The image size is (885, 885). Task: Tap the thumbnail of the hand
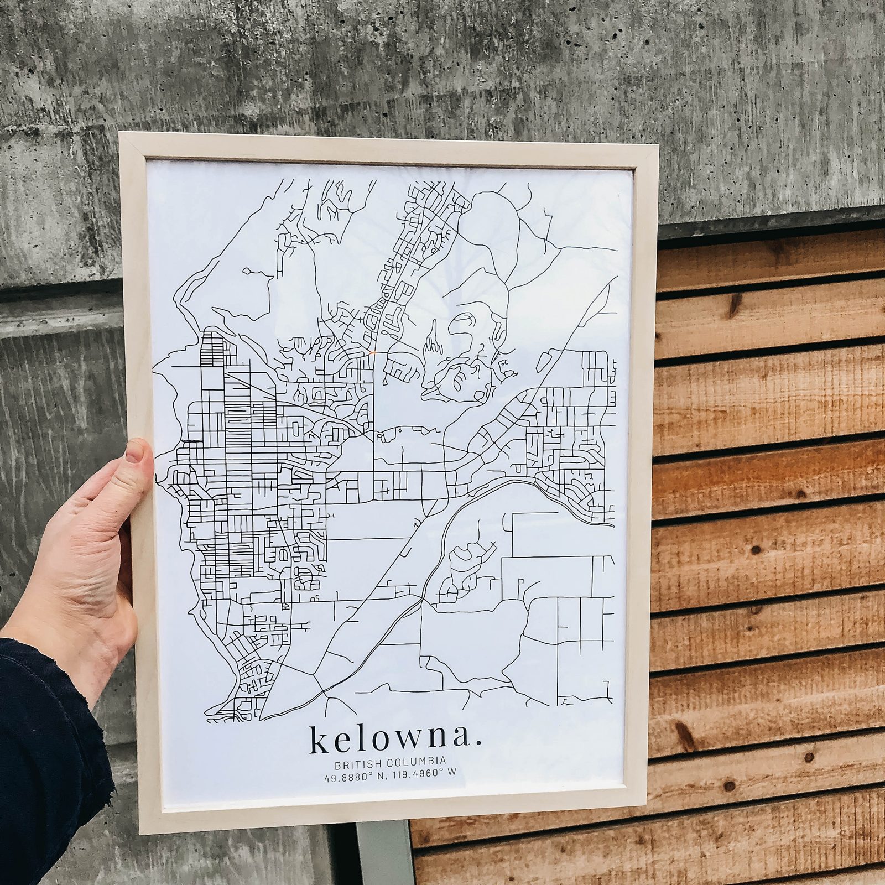134,454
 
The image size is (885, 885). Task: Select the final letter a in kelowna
462,742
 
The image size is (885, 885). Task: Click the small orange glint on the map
372,352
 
